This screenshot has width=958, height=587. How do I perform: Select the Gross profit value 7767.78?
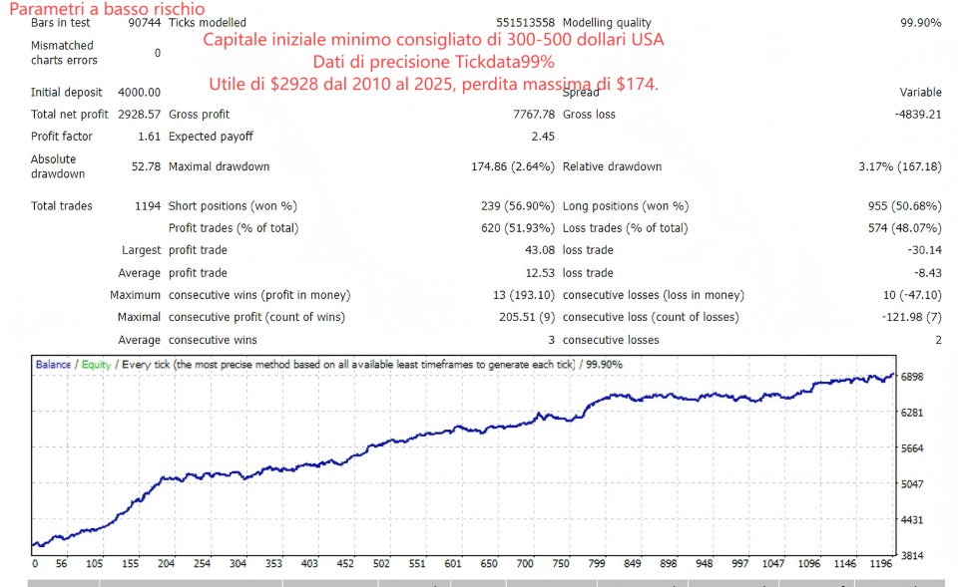[x=532, y=115]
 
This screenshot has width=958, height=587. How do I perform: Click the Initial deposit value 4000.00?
[x=140, y=93]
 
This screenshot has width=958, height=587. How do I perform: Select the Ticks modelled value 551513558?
[x=525, y=23]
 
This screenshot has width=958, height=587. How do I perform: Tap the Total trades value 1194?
[x=147, y=206]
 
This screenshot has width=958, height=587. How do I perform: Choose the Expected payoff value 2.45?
[x=543, y=137]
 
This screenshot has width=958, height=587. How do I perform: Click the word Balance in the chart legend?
[x=53, y=365]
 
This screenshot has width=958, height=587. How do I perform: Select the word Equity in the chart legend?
[x=97, y=365]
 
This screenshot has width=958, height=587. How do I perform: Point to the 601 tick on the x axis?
[x=454, y=563]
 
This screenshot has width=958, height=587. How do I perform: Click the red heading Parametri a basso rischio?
[x=107, y=9]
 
